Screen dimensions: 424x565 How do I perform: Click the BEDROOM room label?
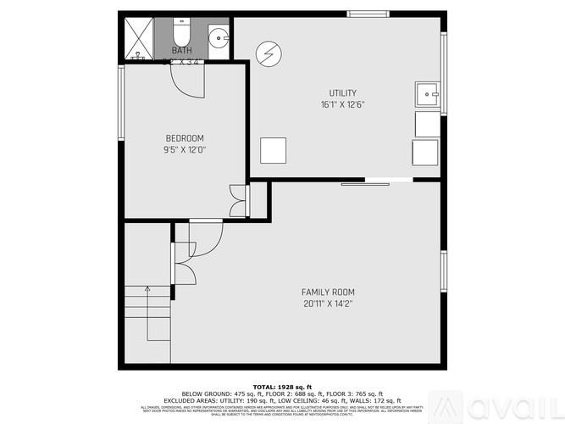click(185, 138)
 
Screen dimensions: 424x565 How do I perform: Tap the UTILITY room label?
click(343, 93)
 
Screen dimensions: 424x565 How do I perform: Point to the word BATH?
click(182, 51)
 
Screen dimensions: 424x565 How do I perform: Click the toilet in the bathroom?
click(181, 34)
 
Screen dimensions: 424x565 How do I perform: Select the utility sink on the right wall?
click(425, 95)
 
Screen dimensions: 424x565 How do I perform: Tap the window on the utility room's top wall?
click(368, 13)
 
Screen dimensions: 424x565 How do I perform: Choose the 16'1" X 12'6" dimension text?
click(343, 104)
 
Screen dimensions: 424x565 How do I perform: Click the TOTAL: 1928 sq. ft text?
click(282, 386)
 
